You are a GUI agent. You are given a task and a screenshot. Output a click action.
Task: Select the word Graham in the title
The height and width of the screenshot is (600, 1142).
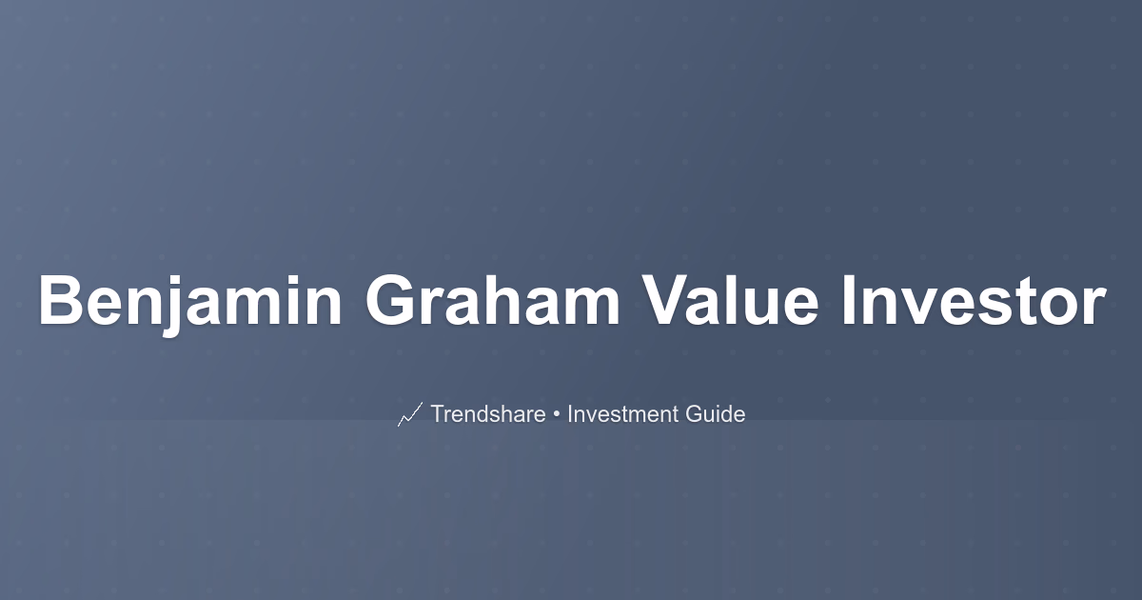point(493,300)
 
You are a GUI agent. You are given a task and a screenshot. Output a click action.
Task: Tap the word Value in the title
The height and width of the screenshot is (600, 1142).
point(730,300)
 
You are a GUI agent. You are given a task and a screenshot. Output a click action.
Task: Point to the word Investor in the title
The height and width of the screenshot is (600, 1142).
point(974,300)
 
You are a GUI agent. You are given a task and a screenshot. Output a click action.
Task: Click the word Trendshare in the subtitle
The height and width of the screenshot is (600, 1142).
point(488,413)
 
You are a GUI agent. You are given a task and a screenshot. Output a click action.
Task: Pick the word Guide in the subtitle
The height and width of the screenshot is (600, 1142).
point(716,413)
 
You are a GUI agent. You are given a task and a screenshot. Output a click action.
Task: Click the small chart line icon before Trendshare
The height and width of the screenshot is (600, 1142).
point(410,414)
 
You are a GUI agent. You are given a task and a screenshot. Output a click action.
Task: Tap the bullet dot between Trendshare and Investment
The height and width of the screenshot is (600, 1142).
point(557,415)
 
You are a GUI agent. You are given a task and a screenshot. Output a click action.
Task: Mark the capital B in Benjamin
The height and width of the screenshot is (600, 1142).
point(62,300)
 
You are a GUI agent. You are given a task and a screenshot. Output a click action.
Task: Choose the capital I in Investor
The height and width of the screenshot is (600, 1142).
point(849,300)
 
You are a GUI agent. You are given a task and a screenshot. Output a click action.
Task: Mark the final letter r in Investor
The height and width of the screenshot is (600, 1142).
point(1093,307)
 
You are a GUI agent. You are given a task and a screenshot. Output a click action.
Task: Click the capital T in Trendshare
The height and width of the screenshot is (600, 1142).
point(439,413)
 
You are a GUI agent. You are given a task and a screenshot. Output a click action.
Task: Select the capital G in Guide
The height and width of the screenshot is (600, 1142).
point(694,413)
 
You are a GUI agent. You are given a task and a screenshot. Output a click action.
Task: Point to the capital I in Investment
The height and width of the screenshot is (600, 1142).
point(570,413)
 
